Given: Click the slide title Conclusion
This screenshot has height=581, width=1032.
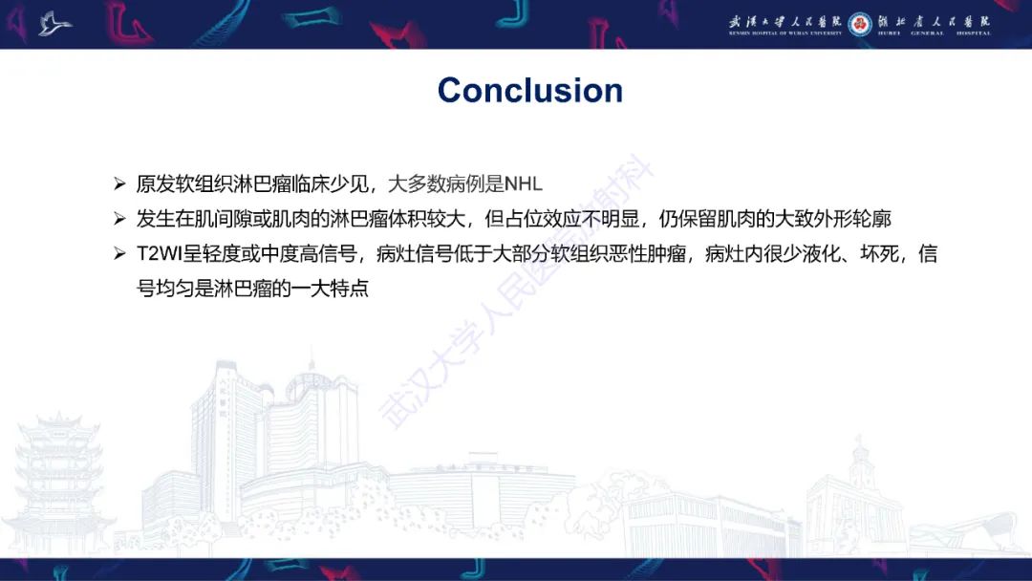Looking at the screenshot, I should coord(529,90).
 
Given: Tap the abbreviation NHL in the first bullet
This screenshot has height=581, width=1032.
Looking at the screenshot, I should coord(523,183).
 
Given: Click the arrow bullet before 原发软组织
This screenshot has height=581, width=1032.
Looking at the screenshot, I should coord(119,183).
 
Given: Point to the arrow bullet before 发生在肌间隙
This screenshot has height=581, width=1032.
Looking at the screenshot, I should coord(119,219).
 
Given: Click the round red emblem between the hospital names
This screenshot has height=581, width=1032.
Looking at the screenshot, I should coord(860,22).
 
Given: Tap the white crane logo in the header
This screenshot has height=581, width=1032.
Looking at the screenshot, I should coord(54,23).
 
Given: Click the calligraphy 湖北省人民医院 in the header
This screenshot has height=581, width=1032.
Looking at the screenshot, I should coord(934,20).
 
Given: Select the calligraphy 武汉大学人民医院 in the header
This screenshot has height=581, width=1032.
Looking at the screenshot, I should coord(785,20).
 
